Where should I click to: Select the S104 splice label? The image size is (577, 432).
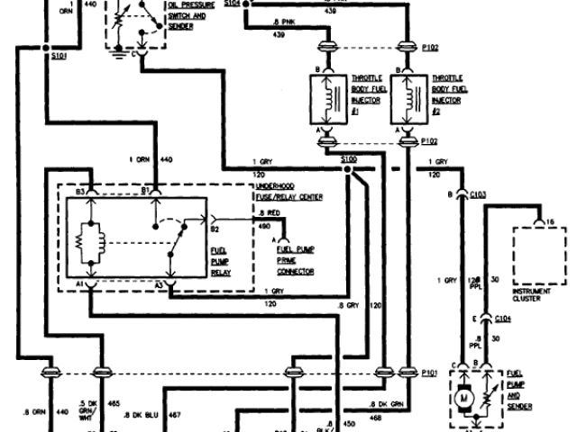tap(232, 4)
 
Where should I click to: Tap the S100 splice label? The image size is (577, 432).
tap(351, 158)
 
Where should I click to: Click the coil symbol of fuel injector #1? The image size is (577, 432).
tap(335, 99)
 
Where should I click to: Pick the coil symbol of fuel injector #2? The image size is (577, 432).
tap(416, 99)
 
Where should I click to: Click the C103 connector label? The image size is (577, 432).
tap(477, 194)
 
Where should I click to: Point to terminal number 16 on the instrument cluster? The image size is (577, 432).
tap(550, 220)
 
